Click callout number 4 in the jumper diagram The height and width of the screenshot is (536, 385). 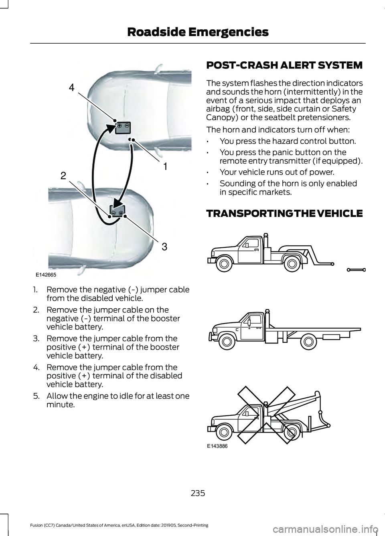71,87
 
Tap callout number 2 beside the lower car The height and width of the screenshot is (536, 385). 63,175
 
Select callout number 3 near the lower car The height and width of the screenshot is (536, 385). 164,245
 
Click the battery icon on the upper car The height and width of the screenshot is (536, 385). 123,127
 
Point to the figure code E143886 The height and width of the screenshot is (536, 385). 218,445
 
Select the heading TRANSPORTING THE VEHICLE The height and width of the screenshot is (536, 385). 284,213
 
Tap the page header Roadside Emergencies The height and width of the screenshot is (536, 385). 198,32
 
